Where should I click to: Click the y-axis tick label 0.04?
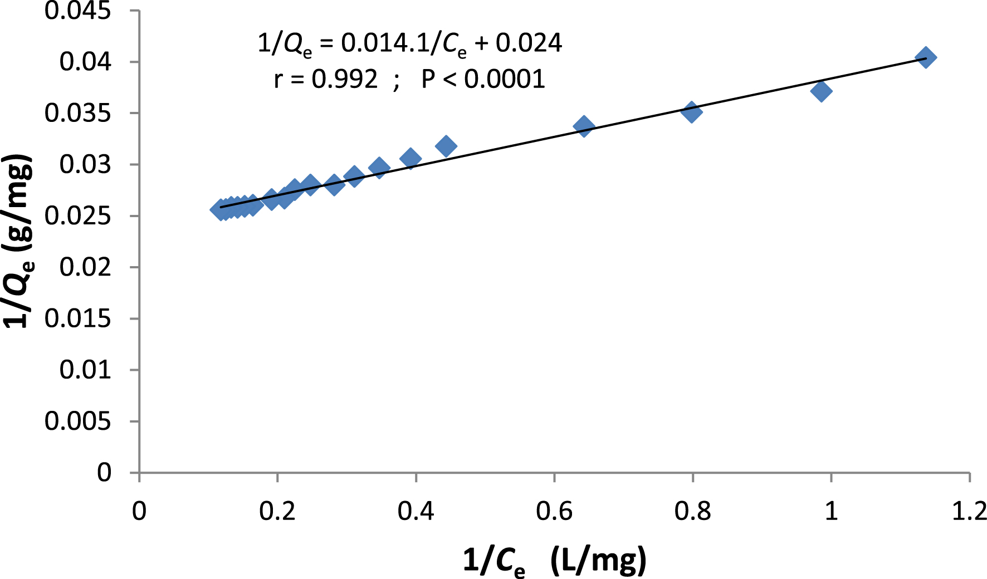click(x=85, y=62)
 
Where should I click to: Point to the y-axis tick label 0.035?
click(x=77, y=113)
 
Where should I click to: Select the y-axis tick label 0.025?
click(x=77, y=216)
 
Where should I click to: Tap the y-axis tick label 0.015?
click(x=77, y=318)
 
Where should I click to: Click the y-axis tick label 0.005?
click(x=77, y=421)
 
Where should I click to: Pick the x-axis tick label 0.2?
click(x=277, y=511)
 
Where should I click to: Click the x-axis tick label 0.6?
click(x=554, y=511)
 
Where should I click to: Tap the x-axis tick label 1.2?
click(x=969, y=511)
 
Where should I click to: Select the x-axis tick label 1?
click(x=830, y=511)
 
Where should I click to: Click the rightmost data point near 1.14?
click(x=926, y=57)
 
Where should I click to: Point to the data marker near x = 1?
click(x=822, y=91)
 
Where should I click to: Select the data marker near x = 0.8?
click(x=691, y=112)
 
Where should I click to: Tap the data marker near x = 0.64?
click(x=584, y=126)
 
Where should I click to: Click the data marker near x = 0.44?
click(x=446, y=146)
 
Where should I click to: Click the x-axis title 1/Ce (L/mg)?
click(x=554, y=560)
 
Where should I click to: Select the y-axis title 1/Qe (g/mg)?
click(x=18, y=242)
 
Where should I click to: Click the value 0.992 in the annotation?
click(x=344, y=79)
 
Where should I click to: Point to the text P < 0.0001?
click(x=483, y=79)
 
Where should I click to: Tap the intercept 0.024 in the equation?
click(x=529, y=43)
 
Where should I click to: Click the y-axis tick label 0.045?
click(x=77, y=11)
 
